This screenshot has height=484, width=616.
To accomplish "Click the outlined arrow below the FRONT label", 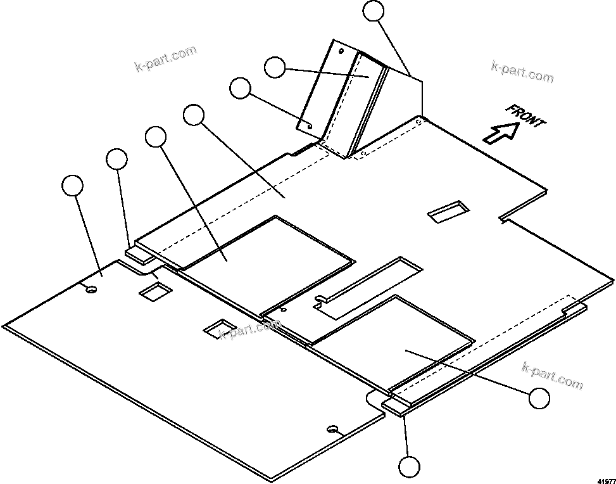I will [x=500, y=134].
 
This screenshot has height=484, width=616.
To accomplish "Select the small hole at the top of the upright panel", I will [x=341, y=51].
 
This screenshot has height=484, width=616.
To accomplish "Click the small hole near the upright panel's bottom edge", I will [x=310, y=125].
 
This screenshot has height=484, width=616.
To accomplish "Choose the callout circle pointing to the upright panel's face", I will [x=274, y=67].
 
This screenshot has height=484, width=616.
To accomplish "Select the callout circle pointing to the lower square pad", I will [x=539, y=398].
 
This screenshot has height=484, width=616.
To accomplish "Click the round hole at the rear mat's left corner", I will [x=91, y=290].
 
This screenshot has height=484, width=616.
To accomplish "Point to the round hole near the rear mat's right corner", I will [x=332, y=430].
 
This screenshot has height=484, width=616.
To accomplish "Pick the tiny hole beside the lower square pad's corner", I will [x=283, y=310].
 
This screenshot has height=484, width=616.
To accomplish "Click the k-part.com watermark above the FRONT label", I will [x=522, y=72].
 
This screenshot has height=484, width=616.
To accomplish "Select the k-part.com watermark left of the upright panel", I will [x=167, y=58].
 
